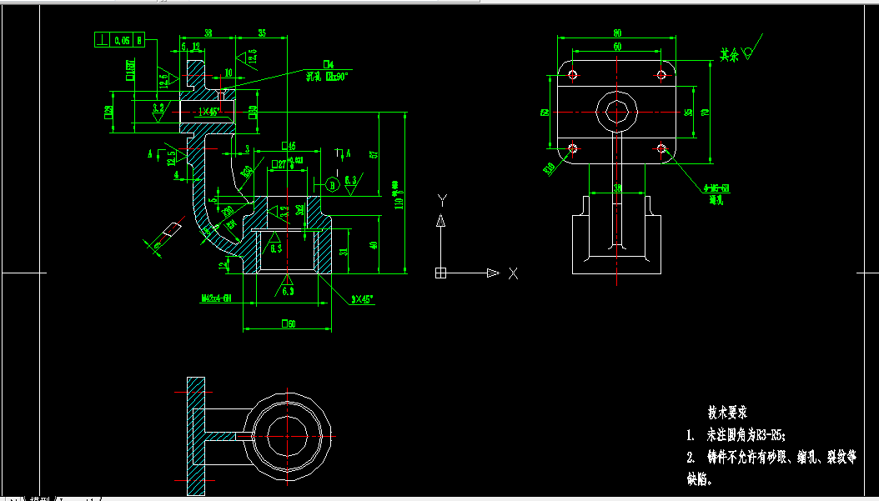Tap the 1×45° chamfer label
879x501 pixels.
tap(208, 111)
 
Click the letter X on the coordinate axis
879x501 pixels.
tap(514, 273)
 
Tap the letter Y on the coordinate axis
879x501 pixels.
tap(443, 198)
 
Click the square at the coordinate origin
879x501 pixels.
tap(441, 273)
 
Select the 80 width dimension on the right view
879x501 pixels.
tap(617, 33)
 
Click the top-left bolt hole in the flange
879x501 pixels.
tap(572, 75)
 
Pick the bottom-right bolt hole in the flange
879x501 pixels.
tap(661, 149)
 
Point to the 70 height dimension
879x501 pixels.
tap(705, 112)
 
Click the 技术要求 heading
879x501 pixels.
tap(726, 412)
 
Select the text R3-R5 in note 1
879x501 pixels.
tap(766, 434)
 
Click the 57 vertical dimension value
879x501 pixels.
tap(374, 154)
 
